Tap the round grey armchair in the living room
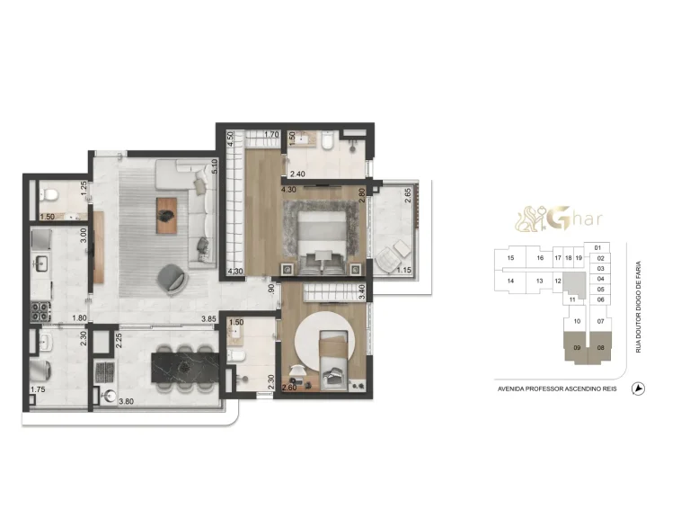[172, 278]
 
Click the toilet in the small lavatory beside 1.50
[52, 194]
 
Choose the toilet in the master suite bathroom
[330, 142]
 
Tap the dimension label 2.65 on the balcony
[407, 192]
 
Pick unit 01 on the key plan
[599, 247]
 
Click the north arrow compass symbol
[639, 389]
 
